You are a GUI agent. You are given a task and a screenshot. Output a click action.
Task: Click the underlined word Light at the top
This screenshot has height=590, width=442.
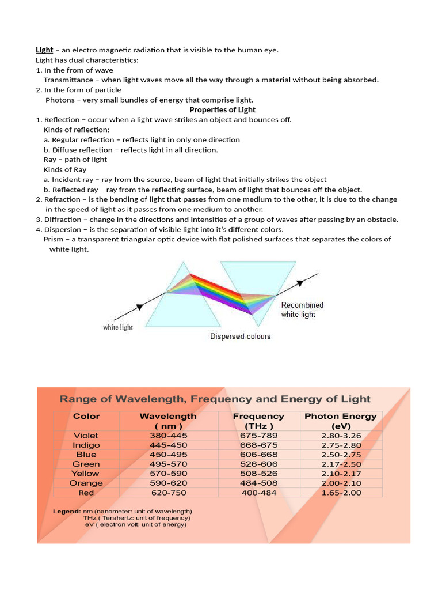click(44, 50)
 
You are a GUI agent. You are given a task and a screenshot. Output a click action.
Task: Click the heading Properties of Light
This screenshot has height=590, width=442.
click(222, 110)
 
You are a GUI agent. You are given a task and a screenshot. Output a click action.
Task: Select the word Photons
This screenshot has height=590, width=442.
click(60, 100)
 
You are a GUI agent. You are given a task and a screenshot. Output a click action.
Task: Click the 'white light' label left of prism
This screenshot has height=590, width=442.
click(118, 327)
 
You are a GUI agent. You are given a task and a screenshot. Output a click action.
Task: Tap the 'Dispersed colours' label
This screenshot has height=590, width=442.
click(240, 336)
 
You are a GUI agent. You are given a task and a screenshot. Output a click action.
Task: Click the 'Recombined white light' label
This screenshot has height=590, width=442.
click(302, 309)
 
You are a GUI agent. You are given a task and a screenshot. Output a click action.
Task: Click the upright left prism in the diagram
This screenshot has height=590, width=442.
click(184, 300)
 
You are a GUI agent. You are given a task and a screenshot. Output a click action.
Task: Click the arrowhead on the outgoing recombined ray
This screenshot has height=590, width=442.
click(299, 283)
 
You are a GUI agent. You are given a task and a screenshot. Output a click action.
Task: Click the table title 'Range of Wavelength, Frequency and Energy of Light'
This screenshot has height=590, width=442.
click(215, 399)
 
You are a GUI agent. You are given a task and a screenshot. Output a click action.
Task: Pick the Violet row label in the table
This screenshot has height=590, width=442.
click(86, 436)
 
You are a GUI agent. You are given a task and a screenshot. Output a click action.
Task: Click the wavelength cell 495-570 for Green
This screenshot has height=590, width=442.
click(168, 464)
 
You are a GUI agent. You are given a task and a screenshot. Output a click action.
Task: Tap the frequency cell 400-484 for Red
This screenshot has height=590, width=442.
click(258, 493)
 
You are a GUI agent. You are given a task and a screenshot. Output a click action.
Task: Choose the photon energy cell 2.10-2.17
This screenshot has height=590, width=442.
click(341, 474)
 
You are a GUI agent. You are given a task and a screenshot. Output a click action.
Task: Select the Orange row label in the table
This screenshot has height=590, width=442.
click(86, 483)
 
